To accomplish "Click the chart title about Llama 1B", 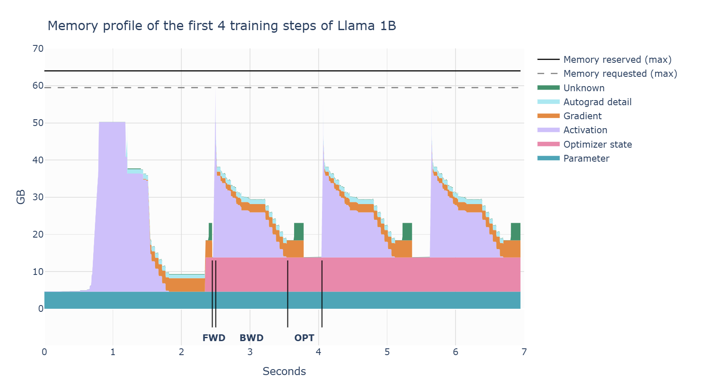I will point(222,26).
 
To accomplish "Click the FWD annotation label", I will point(214,338).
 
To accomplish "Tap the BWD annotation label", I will point(251,338).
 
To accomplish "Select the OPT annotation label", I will point(304,338).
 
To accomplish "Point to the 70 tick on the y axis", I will point(38,49).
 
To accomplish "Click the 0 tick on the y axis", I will point(41,309).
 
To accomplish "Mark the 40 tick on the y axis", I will point(38,160).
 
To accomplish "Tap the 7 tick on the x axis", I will point(524,352).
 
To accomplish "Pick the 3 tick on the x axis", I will point(250,352).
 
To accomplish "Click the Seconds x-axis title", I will point(284,372).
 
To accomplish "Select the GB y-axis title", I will point(21,197).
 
